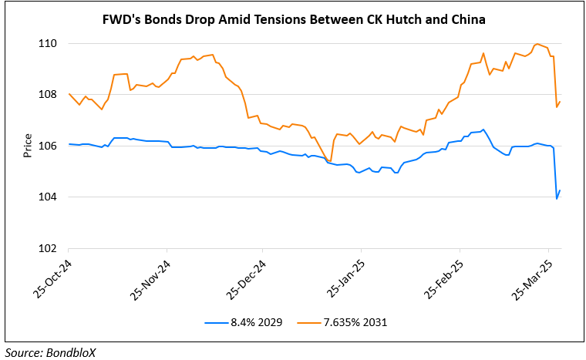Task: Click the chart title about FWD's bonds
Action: click(x=293, y=19)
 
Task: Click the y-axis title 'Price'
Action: click(x=28, y=146)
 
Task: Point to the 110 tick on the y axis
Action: click(x=52, y=44)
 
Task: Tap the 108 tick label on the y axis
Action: click(x=52, y=95)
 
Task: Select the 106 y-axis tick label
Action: click(x=52, y=146)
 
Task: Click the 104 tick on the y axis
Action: click(x=52, y=197)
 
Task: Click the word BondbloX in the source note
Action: click(x=74, y=352)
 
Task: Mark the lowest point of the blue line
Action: click(x=557, y=199)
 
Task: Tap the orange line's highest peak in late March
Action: click(x=537, y=44)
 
